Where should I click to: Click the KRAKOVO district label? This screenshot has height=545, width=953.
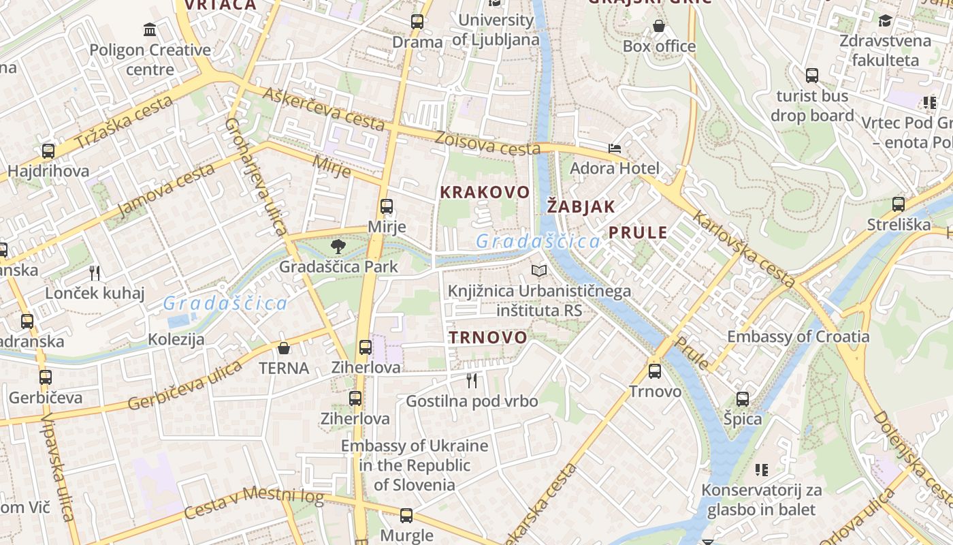coord(484,192)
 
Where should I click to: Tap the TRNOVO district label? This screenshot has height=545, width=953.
coord(487,337)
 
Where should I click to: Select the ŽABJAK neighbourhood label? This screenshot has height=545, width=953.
coord(581,206)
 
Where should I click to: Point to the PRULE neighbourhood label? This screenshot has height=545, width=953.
coord(638,232)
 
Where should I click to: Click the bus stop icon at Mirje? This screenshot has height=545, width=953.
coord(387,206)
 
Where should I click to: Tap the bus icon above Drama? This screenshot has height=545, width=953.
coord(417,21)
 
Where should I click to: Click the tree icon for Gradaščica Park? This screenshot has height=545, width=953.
coord(338,247)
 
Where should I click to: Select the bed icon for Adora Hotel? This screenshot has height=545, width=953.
coord(615,148)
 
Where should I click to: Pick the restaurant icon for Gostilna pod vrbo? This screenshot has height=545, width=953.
coord(471,380)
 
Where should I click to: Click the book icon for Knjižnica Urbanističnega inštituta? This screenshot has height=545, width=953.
coord(539,270)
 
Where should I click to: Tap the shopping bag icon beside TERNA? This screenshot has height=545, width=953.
coord(284,348)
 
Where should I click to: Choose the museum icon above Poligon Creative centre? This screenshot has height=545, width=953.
coord(150,29)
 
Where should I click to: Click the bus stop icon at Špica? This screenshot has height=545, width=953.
coord(742,399)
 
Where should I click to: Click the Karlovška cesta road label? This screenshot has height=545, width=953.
coord(743,249)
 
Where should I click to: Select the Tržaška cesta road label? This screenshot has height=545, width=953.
coord(124,123)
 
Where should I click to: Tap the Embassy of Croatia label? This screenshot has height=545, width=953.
coord(798,337)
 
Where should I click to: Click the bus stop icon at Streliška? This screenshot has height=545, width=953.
coord(899,204)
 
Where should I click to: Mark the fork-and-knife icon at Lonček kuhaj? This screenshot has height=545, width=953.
coord(95,273)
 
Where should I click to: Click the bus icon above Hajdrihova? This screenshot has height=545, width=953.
coord(48,151)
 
